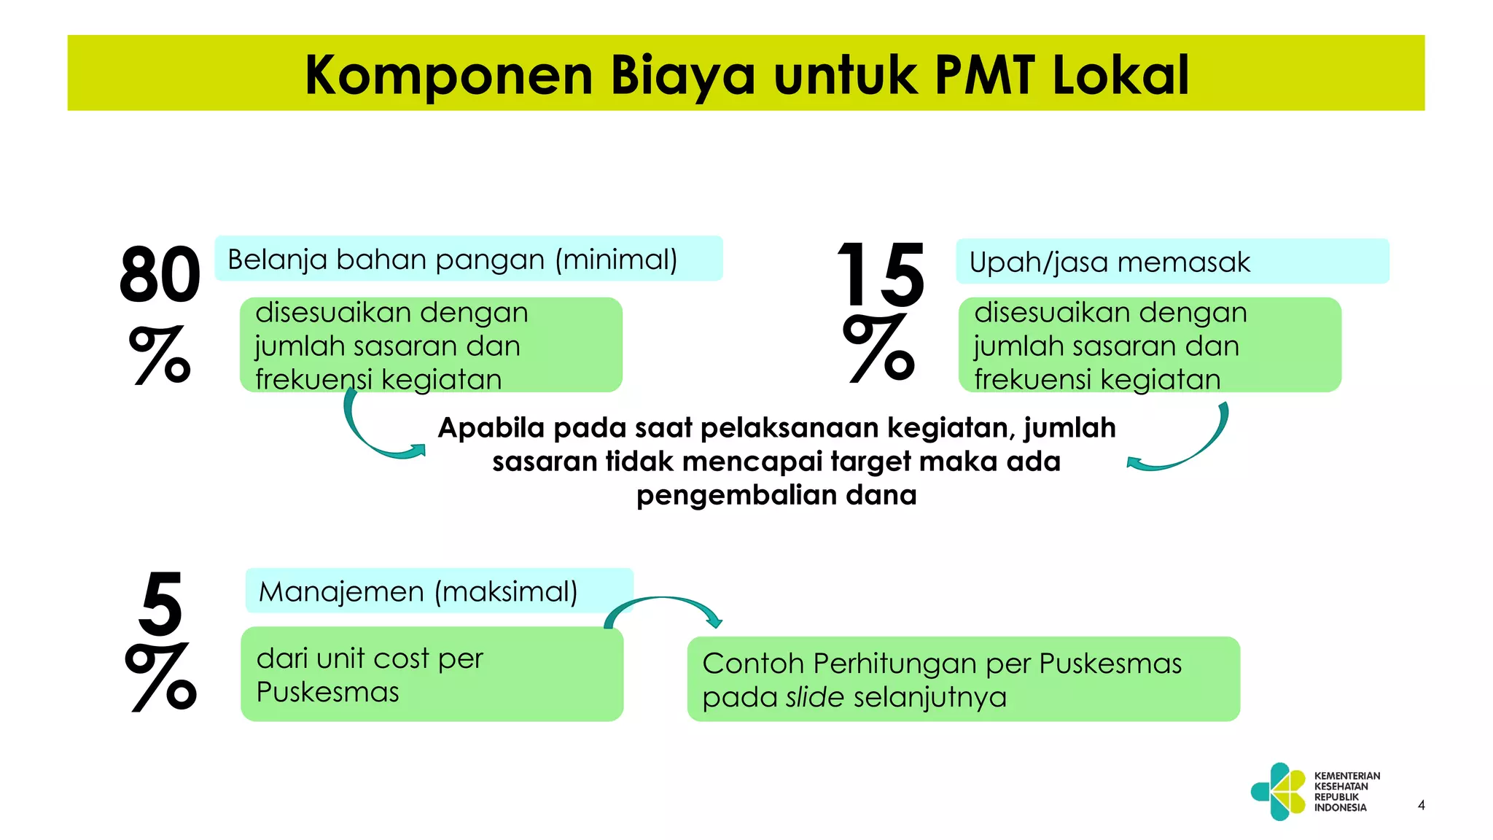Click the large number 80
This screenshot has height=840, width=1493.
(160, 275)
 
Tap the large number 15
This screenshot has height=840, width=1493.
(881, 275)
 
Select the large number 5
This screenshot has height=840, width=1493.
(160, 603)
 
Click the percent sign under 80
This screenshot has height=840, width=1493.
(160, 355)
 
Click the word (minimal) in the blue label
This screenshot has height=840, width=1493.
(616, 260)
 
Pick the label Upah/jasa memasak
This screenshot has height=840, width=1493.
(1109, 262)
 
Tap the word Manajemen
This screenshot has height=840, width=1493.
(341, 591)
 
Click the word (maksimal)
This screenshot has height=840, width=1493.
(506, 591)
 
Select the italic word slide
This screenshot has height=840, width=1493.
(815, 697)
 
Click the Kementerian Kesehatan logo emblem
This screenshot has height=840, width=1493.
(1279, 791)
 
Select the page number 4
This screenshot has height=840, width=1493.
(1421, 805)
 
